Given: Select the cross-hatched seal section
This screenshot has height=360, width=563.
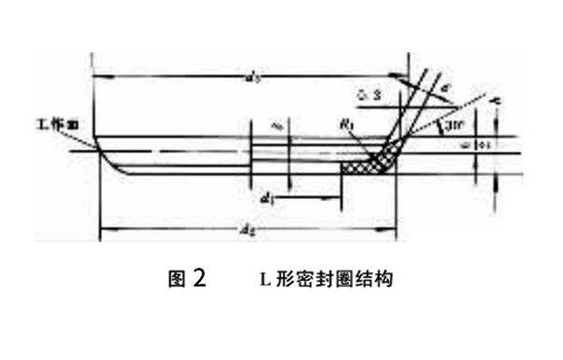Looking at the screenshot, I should [x=367, y=167].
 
